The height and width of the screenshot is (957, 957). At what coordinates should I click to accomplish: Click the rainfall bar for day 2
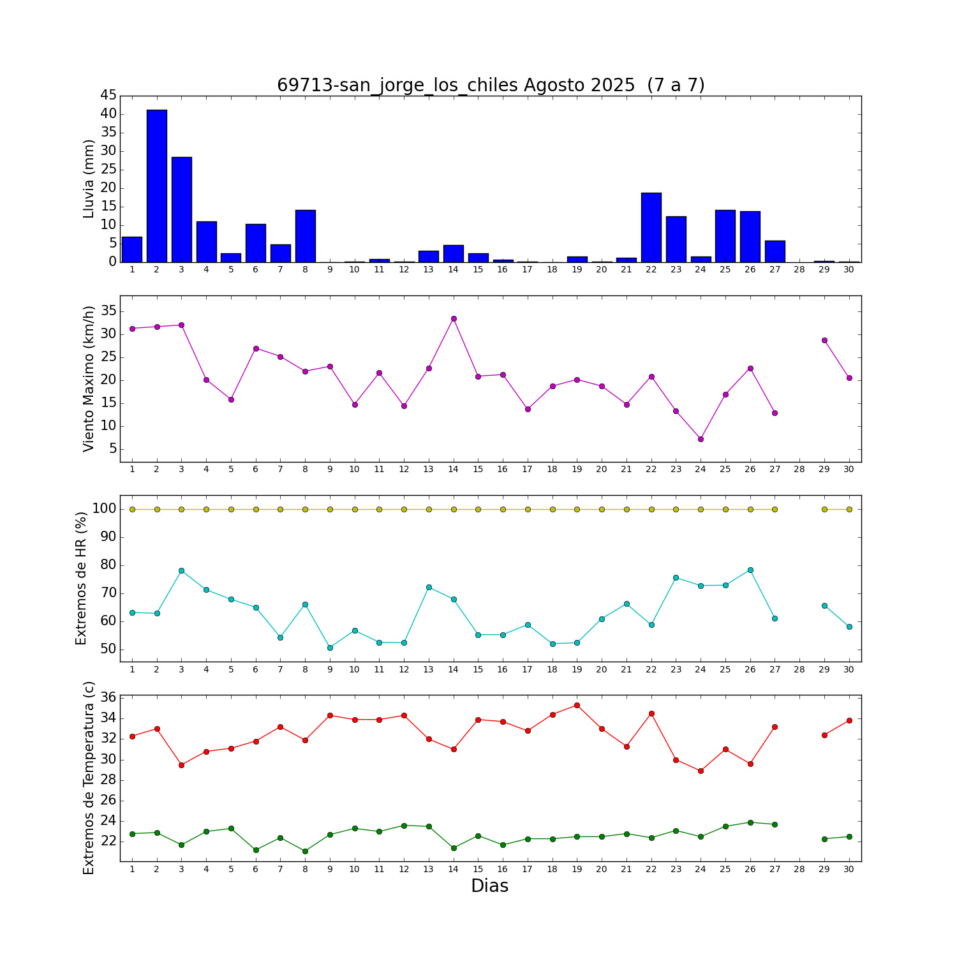click(x=157, y=186)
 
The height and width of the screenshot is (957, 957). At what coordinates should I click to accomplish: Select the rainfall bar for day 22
click(x=651, y=227)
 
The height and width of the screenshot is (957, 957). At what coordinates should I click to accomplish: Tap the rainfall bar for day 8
click(x=306, y=235)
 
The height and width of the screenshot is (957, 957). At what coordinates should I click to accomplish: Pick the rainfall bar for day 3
click(x=182, y=209)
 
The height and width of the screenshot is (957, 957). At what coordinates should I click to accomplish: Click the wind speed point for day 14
click(x=454, y=318)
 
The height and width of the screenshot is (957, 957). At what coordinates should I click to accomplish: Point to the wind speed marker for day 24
click(x=701, y=439)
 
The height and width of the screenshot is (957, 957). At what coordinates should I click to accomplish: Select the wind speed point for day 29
click(x=824, y=340)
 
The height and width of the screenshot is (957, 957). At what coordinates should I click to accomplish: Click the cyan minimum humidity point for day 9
click(x=330, y=648)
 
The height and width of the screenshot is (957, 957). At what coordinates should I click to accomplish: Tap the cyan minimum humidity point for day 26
click(x=750, y=570)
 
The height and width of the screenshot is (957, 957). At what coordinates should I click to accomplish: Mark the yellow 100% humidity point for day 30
click(x=849, y=509)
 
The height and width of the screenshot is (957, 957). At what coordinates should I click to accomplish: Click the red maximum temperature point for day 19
click(x=577, y=705)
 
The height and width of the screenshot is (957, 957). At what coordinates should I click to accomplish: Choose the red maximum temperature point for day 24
click(x=701, y=771)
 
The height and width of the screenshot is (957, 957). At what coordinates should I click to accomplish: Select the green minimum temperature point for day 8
click(x=305, y=851)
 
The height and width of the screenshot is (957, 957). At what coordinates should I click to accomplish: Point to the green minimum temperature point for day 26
click(x=750, y=822)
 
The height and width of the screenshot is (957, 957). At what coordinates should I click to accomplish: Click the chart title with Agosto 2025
click(x=491, y=85)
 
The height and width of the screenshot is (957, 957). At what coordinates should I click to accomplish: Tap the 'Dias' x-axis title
click(x=489, y=886)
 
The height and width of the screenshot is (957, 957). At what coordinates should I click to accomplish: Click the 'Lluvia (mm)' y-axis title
click(x=89, y=179)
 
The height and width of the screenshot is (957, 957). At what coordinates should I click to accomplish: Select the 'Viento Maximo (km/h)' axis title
click(x=89, y=379)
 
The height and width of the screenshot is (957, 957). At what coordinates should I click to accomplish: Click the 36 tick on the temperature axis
click(x=108, y=697)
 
